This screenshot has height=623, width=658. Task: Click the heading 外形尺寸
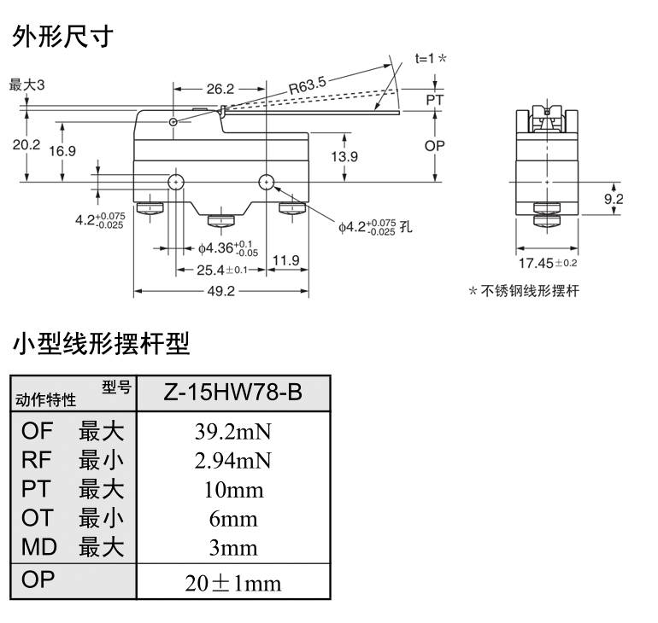click(62, 37)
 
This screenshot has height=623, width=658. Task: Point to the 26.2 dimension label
click(220, 88)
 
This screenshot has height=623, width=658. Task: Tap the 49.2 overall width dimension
click(221, 290)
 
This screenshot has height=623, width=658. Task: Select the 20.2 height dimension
click(26, 145)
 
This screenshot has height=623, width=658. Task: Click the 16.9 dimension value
click(62, 151)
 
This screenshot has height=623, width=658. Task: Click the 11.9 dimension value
click(286, 260)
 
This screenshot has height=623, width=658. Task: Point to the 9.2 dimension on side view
click(614, 199)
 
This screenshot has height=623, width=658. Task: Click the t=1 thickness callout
click(431, 59)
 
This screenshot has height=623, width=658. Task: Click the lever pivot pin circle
click(173, 123)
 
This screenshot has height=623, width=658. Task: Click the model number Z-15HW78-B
click(232, 393)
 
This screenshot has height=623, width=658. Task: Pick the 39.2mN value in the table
click(232, 432)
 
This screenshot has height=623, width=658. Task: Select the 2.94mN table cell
click(232, 461)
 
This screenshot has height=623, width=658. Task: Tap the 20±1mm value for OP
click(232, 584)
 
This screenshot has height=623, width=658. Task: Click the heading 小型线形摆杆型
click(100, 344)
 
